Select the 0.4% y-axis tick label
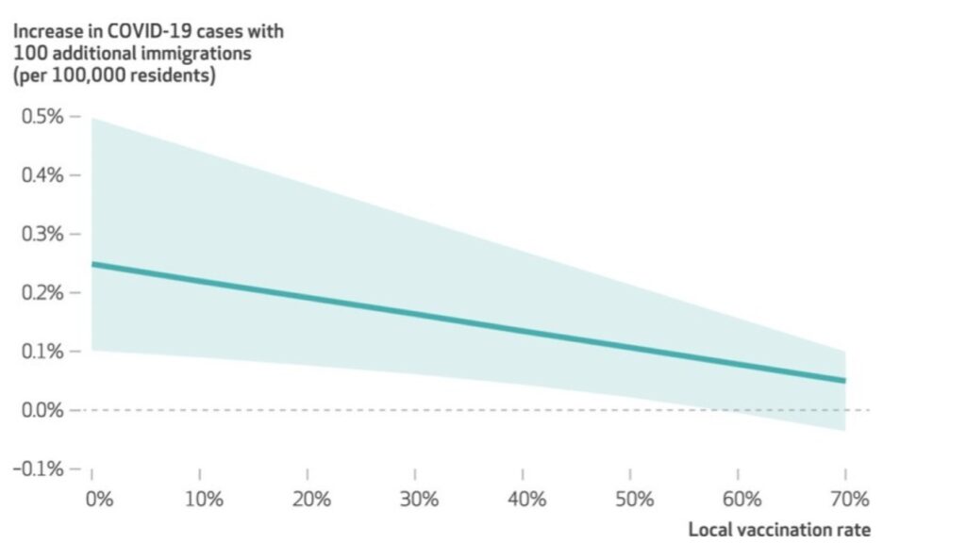[42, 175]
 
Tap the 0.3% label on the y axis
[42, 234]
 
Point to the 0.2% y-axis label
[42, 293]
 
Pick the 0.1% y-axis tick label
[42, 352]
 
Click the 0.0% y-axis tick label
[42, 410]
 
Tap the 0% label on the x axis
[98, 498]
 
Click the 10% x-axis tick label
[204, 498]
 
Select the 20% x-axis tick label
[311, 498]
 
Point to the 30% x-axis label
[419, 498]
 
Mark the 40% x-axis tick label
[525, 498]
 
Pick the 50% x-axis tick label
[633, 498]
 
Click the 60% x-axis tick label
[741, 498]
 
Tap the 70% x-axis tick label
[848, 498]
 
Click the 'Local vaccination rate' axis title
[780, 529]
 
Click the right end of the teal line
[844, 380]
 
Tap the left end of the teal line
[93, 264]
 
